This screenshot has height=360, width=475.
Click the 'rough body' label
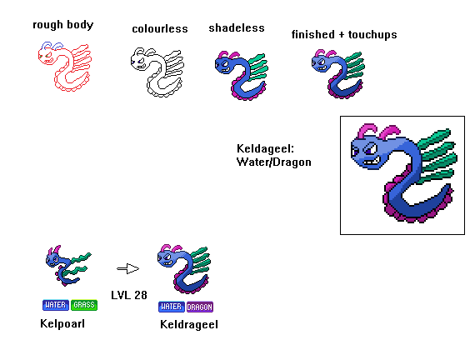[x=63, y=25]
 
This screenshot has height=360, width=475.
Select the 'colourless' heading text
[x=160, y=29]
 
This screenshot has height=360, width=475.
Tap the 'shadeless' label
[x=237, y=27]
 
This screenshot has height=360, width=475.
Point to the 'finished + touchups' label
[x=344, y=34]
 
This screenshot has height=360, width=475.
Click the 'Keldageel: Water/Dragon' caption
[x=274, y=155]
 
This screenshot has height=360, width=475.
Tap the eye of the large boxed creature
[x=370, y=149]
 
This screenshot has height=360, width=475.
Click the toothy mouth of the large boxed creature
[x=372, y=162]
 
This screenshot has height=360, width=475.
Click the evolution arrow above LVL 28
[x=127, y=268]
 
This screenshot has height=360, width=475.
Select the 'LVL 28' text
[x=129, y=295]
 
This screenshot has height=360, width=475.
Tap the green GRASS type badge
[x=84, y=305]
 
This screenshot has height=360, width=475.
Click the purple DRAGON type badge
[x=200, y=307]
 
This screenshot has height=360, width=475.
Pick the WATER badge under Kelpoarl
[x=56, y=305]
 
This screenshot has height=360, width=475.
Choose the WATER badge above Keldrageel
[x=172, y=307]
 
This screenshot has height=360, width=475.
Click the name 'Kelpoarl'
[x=62, y=323]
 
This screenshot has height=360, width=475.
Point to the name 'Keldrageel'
[x=189, y=325]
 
